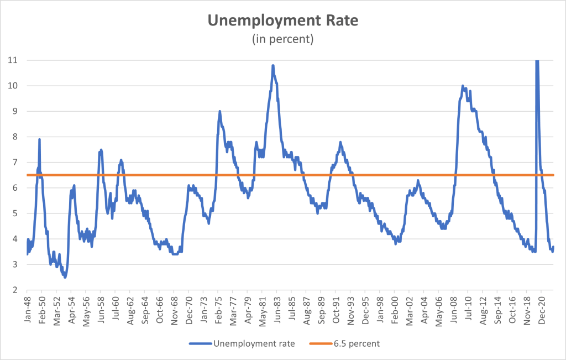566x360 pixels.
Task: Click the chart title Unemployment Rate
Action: (282, 21)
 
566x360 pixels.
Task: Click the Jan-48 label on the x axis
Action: (28, 309)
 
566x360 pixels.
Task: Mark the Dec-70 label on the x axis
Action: (189, 309)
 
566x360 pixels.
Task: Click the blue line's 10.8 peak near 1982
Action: (273, 65)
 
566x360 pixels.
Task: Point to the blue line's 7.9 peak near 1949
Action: (39, 139)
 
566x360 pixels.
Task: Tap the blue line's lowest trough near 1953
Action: (65, 277)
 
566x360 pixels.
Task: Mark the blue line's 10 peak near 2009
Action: (462, 86)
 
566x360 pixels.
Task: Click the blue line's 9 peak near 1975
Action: (219, 111)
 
